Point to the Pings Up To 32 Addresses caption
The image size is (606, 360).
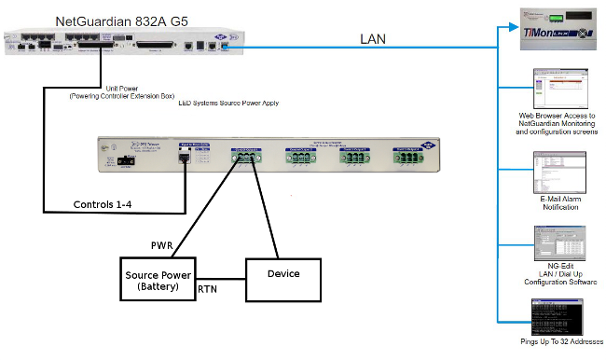[557, 342]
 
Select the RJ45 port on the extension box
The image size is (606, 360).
[186, 159]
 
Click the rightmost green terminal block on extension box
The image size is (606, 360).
[407, 159]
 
